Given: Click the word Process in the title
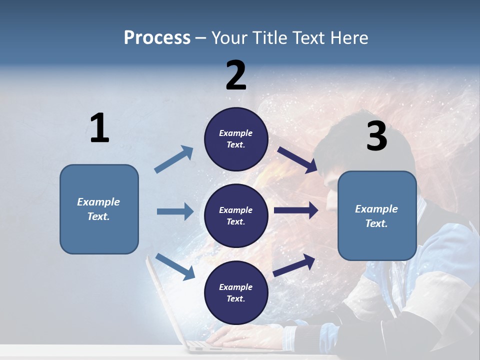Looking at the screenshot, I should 157,38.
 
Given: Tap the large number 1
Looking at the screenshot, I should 99,128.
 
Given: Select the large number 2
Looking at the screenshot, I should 236,75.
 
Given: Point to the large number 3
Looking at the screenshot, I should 376,136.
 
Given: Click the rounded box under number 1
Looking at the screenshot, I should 99,209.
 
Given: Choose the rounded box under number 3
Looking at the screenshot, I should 377,216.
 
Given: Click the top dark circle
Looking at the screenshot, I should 236,139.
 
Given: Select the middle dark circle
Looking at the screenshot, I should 236,216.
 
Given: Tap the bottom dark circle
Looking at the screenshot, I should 236,293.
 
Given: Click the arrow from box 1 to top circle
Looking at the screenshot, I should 174,159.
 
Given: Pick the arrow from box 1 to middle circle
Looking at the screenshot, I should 175,211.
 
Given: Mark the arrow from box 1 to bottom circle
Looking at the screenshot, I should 175,266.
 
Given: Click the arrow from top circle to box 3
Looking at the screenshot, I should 297,159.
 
